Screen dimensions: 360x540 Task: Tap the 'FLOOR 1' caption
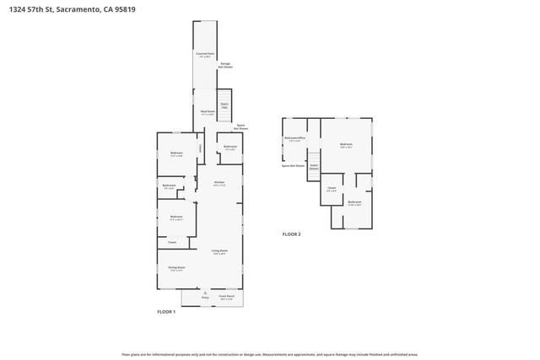coord(166,312)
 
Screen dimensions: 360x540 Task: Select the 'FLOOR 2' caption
coord(291,234)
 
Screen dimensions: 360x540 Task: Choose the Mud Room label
coord(207,112)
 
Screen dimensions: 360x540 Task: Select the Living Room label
coord(219,251)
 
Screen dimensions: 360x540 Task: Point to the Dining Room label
coord(175,269)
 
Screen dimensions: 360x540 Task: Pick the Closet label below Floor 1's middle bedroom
coord(172,242)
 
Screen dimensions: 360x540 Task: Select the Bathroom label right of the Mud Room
coord(230,148)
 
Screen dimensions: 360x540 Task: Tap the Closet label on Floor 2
coord(332,189)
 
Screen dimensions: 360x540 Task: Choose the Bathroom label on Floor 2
coord(355,202)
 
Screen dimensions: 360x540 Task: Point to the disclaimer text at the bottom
coord(269,354)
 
